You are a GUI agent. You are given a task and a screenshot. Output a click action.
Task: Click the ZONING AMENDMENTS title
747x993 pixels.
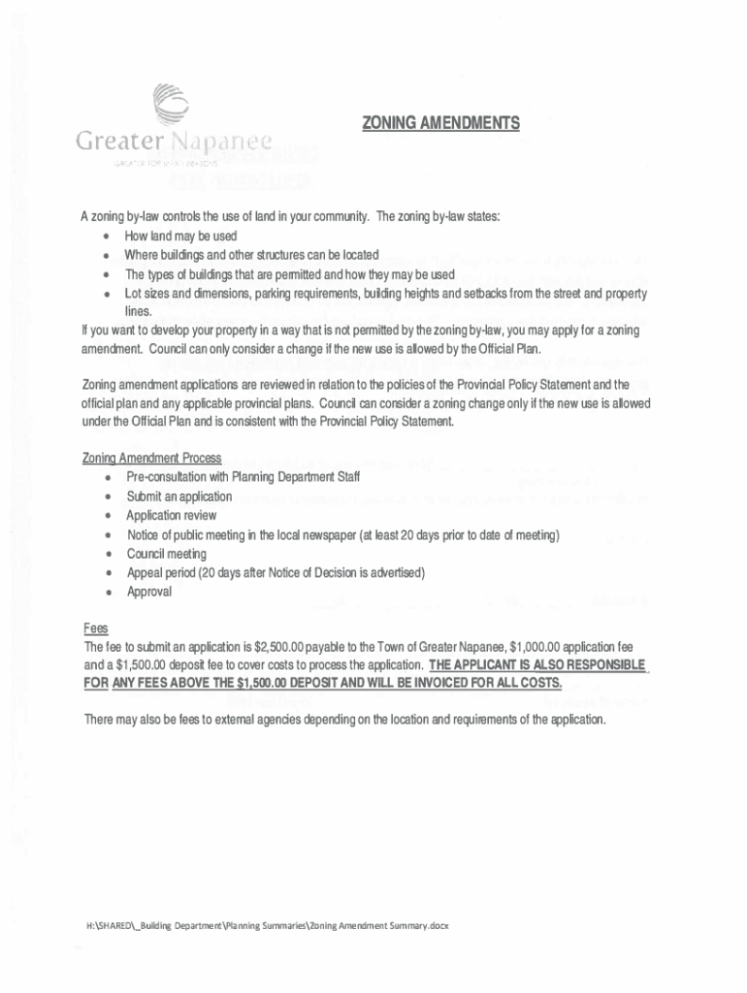pos(440,124)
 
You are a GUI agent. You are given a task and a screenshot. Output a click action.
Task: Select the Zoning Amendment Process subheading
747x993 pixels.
pos(152,458)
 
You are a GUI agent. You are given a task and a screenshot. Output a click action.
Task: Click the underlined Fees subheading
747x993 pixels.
pos(95,628)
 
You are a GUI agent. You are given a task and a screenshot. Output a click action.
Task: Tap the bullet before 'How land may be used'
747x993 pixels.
pos(105,237)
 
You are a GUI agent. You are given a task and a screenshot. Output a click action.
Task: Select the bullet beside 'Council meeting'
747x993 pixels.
pos(105,555)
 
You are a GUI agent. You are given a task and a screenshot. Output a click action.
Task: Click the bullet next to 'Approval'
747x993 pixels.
pos(105,593)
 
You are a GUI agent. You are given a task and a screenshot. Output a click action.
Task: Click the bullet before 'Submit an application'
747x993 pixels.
pos(105,496)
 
